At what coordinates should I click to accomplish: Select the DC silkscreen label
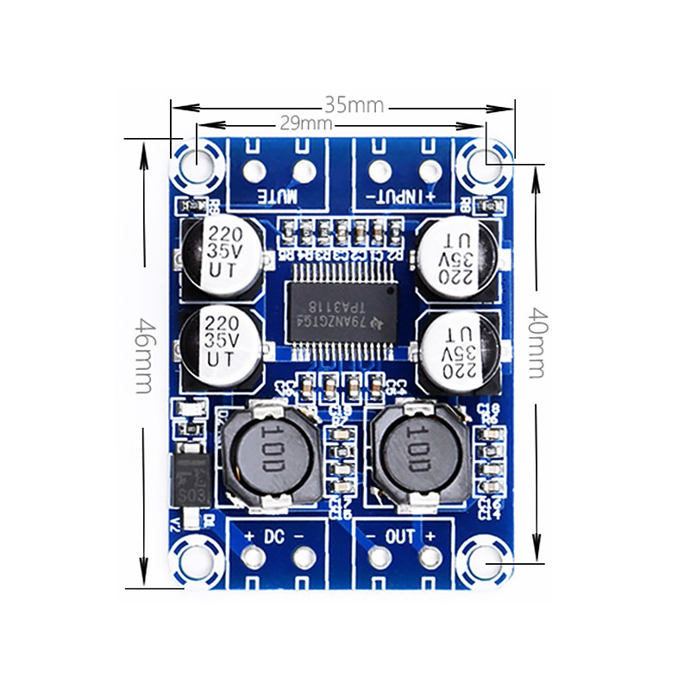275,536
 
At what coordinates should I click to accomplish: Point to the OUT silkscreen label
400,536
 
